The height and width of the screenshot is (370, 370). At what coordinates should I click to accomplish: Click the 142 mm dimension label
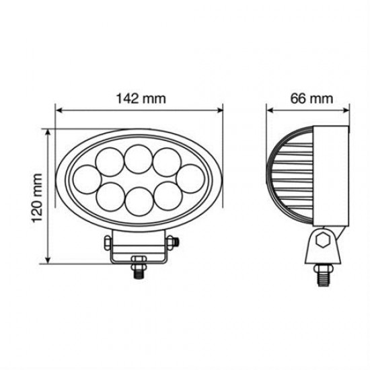coord(139,98)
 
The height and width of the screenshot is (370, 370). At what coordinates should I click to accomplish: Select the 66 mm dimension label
coord(311,98)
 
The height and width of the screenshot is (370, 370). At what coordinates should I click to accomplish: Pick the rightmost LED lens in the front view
coord(191,180)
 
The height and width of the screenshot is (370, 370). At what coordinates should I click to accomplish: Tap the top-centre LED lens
coord(138,159)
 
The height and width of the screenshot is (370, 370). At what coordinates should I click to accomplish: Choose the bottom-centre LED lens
coord(139,201)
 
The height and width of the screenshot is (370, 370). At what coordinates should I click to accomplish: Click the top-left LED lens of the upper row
coord(109,162)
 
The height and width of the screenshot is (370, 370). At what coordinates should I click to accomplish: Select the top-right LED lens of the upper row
coord(166,162)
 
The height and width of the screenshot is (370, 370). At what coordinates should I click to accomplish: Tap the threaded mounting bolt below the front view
coord(139,266)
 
